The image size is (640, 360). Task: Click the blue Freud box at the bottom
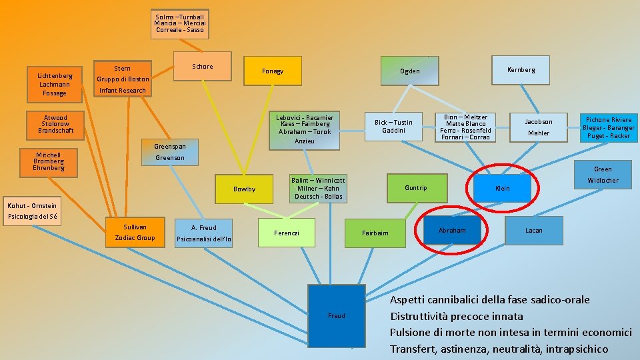336,315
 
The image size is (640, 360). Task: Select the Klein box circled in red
502,188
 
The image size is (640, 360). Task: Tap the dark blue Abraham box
452,230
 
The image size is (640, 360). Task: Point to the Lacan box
533,231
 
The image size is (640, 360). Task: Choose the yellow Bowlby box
244,189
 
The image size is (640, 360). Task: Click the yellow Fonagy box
272,71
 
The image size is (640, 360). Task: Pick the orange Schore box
202,66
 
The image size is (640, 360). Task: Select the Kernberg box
521,70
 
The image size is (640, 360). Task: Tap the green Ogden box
409,71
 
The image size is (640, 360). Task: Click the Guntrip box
415,188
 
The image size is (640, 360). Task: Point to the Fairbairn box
375,233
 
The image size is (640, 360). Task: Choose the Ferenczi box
287,233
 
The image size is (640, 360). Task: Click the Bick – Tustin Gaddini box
393,126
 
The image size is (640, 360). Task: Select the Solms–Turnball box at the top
179,23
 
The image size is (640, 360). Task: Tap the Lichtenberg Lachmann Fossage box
54,84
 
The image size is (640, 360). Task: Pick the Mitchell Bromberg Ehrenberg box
49,161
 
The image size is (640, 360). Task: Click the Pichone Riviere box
608,127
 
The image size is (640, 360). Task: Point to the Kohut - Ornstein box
32,211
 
